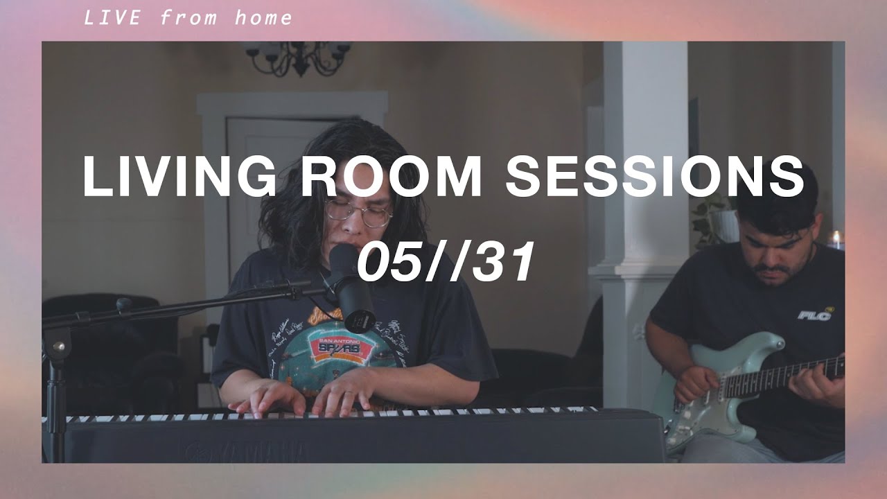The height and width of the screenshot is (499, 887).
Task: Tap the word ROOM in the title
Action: (x=392, y=177)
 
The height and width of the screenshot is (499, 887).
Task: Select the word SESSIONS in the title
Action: (x=654, y=177)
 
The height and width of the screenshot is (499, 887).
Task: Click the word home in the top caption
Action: (x=263, y=18)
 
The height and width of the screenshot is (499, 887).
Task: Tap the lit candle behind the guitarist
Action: (x=836, y=240)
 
